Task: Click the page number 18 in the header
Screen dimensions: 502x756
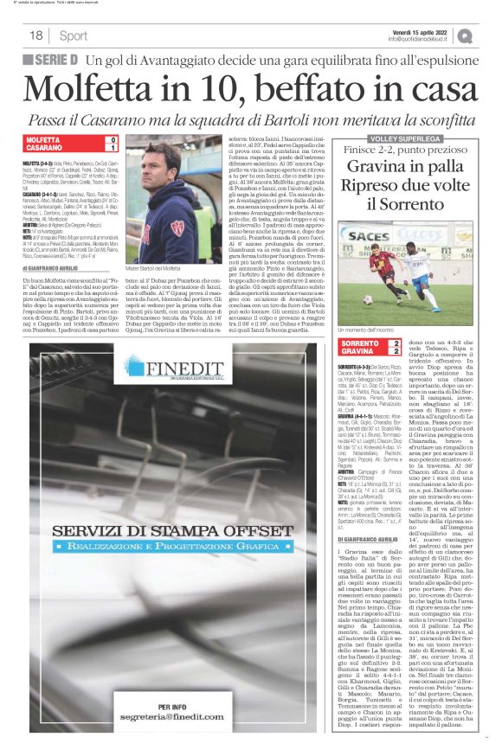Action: (36, 35)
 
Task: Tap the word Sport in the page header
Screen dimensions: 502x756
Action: (73, 35)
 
